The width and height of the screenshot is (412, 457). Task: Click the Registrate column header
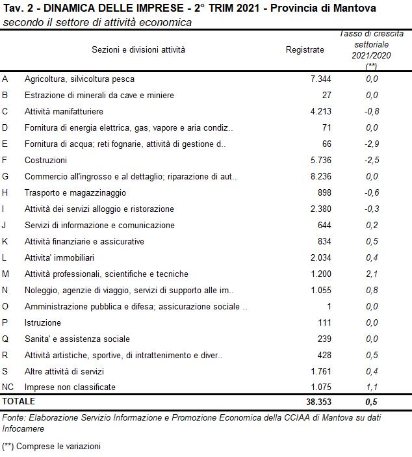tap(304, 49)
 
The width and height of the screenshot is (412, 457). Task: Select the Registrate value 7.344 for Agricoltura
tap(321, 79)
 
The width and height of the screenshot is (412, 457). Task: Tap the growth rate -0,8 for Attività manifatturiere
tap(371, 112)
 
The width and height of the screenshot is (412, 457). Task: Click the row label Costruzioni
tap(45, 161)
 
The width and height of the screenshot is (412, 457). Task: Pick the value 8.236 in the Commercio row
tap(321, 177)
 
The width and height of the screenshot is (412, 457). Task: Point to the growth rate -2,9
tap(371, 144)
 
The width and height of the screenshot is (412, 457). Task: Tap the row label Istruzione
tap(43, 323)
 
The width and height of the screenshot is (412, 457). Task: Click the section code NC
tap(8, 387)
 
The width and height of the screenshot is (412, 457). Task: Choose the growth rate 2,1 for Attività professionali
tap(372, 274)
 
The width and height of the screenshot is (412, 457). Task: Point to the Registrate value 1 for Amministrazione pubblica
tap(329, 307)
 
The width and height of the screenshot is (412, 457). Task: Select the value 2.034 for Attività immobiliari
tap(321, 258)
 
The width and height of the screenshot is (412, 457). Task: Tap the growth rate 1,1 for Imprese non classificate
tap(372, 387)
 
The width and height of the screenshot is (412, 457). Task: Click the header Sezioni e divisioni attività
tap(138, 49)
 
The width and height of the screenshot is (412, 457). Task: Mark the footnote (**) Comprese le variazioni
tap(51, 447)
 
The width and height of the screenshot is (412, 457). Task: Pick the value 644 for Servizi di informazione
tap(324, 226)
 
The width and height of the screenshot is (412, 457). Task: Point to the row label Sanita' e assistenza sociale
tap(77, 339)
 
